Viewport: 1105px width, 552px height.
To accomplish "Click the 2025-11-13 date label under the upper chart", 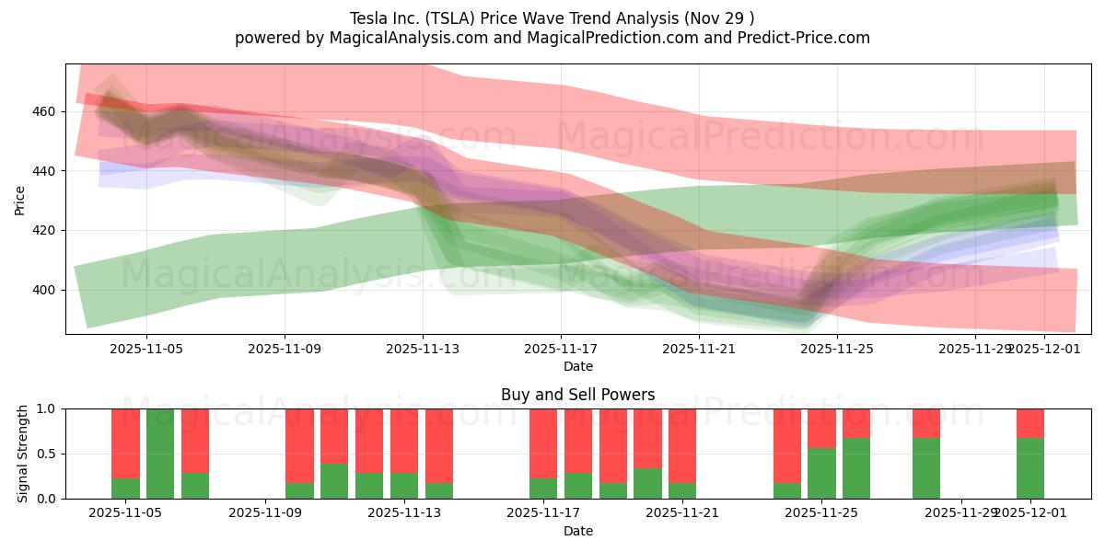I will [x=423, y=350].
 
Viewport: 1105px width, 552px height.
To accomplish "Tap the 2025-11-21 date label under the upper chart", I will [x=699, y=350].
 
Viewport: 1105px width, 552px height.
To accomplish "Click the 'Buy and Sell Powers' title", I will [x=578, y=395].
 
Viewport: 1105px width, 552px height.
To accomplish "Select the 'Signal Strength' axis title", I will [x=23, y=454].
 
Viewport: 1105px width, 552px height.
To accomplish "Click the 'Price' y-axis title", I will [x=20, y=201].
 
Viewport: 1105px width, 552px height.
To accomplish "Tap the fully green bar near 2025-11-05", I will [x=160, y=454].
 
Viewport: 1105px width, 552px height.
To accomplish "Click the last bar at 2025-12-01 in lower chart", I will [x=1030, y=454].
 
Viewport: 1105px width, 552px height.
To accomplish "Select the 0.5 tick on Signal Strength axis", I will [x=47, y=454].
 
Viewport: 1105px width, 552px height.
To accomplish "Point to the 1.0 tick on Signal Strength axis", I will [x=47, y=408].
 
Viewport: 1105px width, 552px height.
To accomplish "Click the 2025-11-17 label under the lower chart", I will [x=542, y=513].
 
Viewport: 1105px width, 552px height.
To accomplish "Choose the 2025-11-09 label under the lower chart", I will [x=265, y=513].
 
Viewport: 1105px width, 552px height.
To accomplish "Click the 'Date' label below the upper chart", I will [x=578, y=366].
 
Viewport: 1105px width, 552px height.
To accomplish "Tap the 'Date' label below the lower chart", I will [x=578, y=531].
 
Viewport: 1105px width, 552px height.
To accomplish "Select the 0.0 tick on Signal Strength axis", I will [x=47, y=499].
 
